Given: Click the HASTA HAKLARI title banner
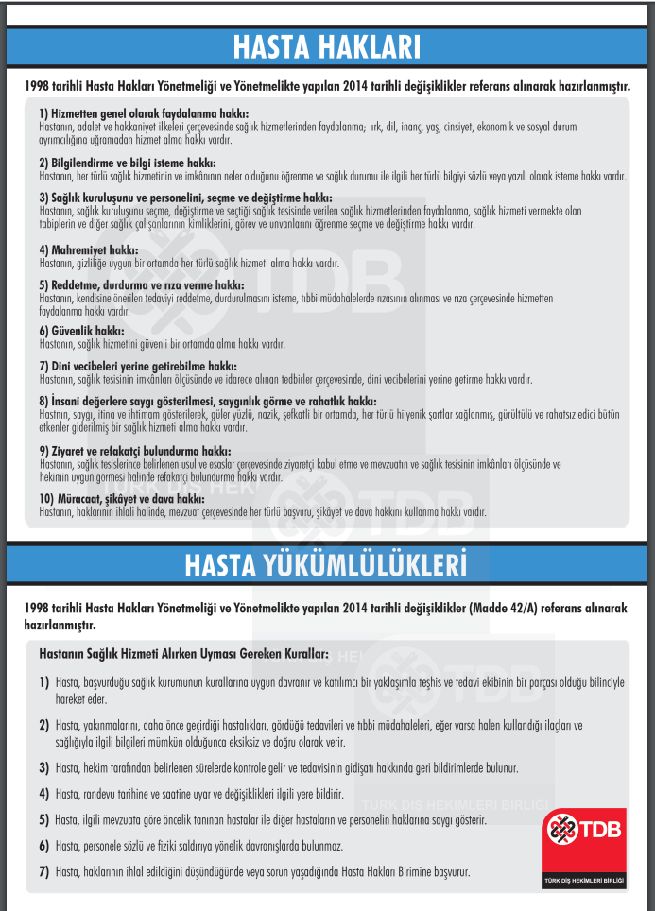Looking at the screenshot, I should pos(327,46).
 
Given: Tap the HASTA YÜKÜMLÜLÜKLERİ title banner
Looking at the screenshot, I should pos(327,564).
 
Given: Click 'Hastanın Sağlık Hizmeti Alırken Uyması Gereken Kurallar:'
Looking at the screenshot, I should pos(183,653).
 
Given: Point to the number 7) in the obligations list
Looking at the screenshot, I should pos(44,871).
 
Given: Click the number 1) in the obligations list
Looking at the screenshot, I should pos(44,682).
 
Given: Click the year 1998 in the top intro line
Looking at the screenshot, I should pos(43,86).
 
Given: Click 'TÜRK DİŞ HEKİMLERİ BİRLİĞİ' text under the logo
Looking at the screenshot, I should pos(585,881).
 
